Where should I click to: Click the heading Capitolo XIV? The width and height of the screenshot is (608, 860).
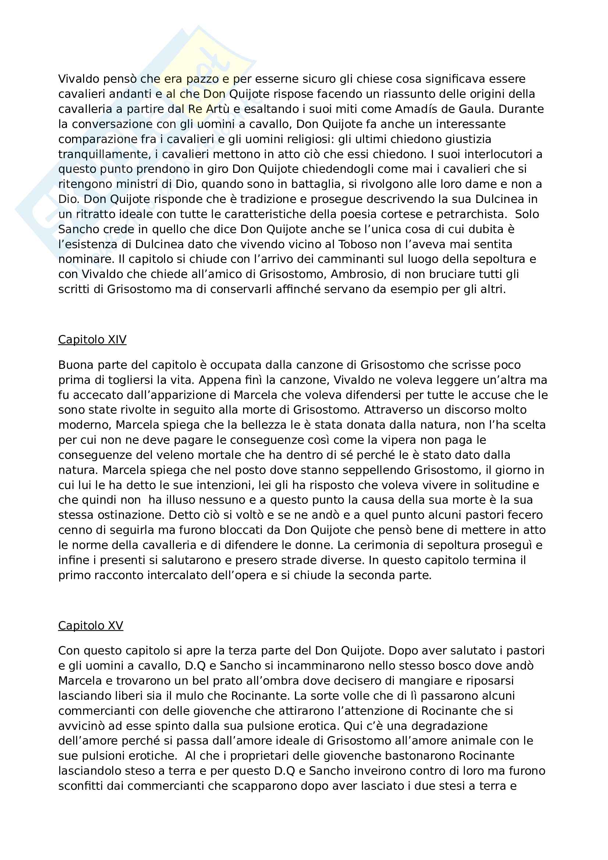92,339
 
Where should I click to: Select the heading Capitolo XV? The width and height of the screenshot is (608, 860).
90,625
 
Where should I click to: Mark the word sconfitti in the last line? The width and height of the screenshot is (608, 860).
80,785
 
